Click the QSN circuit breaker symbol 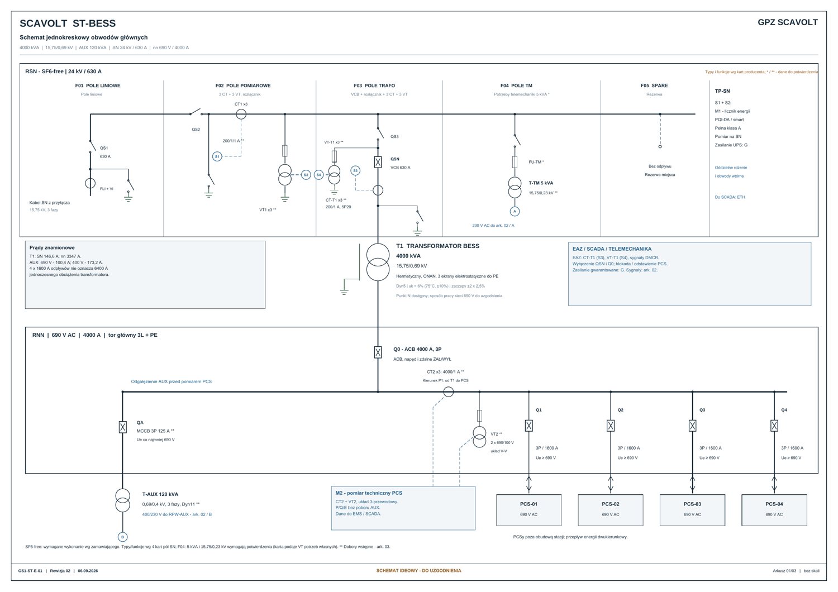click(x=378, y=162)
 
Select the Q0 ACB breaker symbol click(x=378, y=352)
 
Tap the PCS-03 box click(x=692, y=510)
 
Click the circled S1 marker click(x=217, y=156)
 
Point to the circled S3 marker click(x=355, y=170)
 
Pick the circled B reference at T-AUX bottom click(x=122, y=537)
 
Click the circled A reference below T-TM click(x=515, y=211)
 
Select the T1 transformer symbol click(x=378, y=262)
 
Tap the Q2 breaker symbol click(x=611, y=426)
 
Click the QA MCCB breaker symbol click(x=122, y=427)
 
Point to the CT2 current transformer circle click(x=448, y=392)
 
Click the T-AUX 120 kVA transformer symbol click(x=122, y=500)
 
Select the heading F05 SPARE click(x=654, y=85)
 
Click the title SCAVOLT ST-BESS click(x=68, y=23)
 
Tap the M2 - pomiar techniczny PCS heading click(x=369, y=493)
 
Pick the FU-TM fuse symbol click(x=515, y=162)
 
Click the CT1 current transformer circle click(x=241, y=114)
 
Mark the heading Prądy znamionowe click(x=52, y=247)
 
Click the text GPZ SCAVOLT click(x=788, y=22)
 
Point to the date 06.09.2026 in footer click(x=88, y=571)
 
